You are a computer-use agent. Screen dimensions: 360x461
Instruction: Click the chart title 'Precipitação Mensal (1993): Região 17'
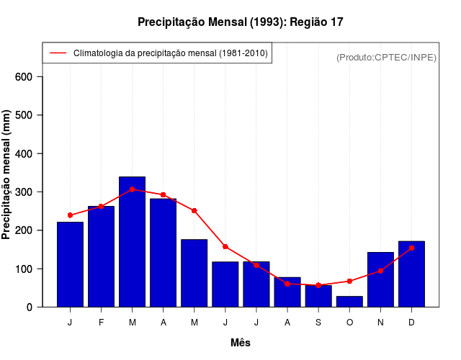click(x=240, y=22)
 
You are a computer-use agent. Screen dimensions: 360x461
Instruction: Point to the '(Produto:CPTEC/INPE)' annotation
click(x=387, y=57)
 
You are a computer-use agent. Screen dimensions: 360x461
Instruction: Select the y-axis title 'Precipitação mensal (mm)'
click(x=6, y=174)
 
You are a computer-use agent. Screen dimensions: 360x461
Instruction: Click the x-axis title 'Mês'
click(x=241, y=343)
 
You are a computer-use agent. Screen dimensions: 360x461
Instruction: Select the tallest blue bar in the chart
click(x=133, y=241)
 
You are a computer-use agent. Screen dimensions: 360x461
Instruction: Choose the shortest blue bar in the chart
click(x=349, y=302)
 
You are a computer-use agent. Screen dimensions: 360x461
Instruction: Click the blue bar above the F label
click(x=101, y=256)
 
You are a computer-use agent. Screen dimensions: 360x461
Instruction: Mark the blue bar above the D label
click(x=411, y=274)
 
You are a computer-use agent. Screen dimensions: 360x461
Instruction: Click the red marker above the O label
click(x=349, y=281)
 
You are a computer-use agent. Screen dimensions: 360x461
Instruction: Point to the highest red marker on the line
click(x=133, y=189)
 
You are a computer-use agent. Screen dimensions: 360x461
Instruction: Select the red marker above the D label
click(x=411, y=248)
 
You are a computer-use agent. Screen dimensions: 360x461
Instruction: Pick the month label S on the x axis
click(x=318, y=323)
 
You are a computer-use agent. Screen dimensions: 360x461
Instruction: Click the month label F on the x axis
click(x=101, y=323)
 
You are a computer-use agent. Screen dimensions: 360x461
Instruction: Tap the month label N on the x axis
click(x=380, y=323)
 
